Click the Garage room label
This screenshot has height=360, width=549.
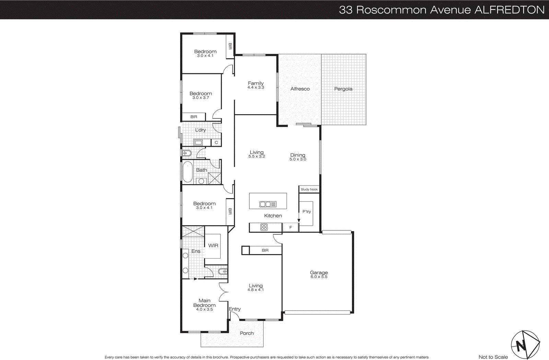319,273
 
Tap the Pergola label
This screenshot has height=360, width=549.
343,89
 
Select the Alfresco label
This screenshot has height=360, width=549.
300,89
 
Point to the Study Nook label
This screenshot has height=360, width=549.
309,189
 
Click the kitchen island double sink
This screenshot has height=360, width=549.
268,204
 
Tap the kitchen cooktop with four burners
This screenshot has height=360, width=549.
264,227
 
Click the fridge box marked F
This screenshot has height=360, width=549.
291,227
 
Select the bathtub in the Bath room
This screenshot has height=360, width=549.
187,172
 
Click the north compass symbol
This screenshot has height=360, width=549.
525,345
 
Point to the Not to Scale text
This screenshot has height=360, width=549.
493,357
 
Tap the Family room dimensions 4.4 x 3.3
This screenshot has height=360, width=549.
256,87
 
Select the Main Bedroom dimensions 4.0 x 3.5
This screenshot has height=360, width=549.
205,309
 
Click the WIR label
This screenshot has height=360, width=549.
213,245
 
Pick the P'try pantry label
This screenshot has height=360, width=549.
306,212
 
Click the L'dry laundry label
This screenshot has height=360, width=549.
200,130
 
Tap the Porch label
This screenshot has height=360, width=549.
247,333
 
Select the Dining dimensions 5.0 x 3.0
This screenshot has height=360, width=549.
297,159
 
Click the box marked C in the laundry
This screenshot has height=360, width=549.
216,143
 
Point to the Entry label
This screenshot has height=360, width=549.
235,309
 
